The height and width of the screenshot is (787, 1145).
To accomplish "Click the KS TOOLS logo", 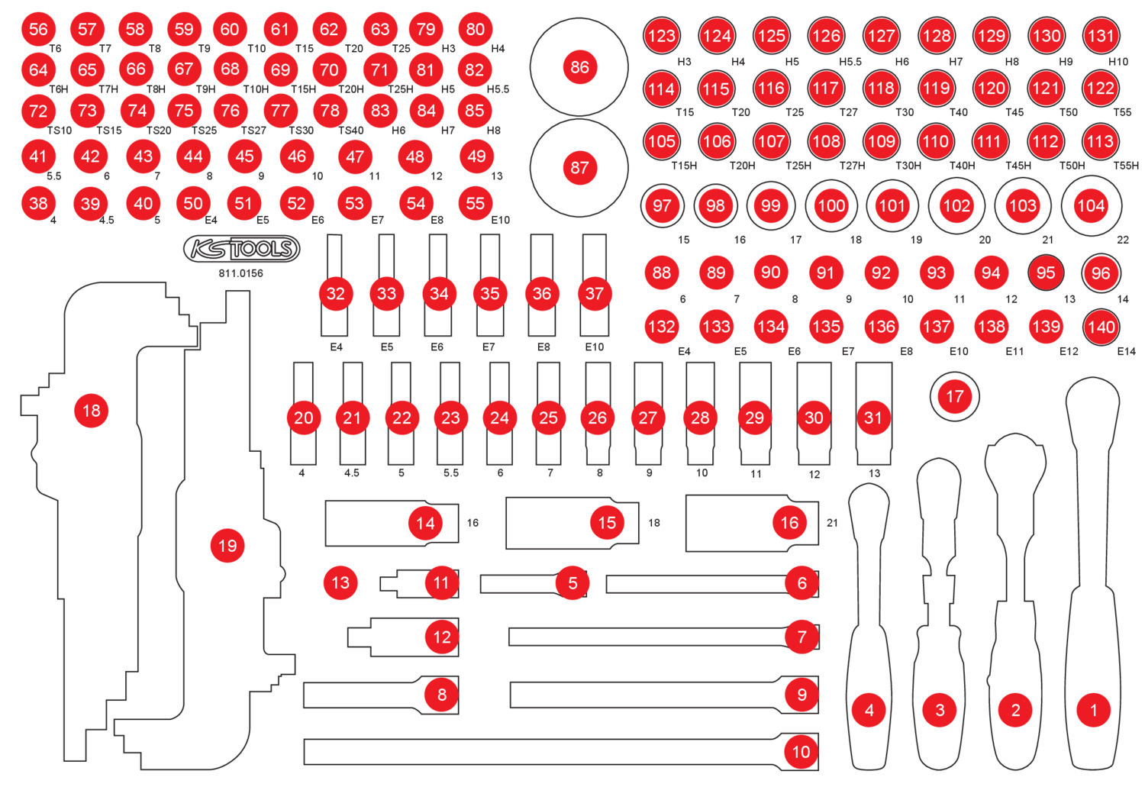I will pos(241,249).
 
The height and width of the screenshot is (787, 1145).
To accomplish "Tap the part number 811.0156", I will pos(240,273).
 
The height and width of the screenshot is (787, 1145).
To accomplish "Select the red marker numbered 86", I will pos(579,67).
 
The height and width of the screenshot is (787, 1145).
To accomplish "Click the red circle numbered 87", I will pos(579,167).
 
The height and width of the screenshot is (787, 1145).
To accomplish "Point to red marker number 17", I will pos(954,396).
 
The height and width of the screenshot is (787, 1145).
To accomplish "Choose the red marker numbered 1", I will pos(1093,710).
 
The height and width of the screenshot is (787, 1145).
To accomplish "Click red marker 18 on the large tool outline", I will pos(91,411).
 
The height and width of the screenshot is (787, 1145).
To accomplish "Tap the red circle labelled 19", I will pos(227,546).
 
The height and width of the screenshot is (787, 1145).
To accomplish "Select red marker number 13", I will pos(340,583).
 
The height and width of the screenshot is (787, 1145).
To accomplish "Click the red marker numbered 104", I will pos(1091,205).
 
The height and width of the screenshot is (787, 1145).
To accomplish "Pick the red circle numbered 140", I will pos(1101,327).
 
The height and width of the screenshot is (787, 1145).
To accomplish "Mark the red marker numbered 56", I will pos(38,29).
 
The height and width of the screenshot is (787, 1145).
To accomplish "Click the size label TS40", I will pos(351,131).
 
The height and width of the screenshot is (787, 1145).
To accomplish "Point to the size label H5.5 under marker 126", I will pos(850,62).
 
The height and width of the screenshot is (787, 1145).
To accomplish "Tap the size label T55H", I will pos(1125,166).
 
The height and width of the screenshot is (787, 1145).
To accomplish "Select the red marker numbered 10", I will pos(801,752).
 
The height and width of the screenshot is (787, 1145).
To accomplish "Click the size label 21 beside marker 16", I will pos(832,523).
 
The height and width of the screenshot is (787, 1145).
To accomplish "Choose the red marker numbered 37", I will pos(594,294).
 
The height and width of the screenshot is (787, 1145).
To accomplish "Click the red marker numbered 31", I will pos(872,418).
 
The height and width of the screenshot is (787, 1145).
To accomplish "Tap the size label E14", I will pos(1126,351).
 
